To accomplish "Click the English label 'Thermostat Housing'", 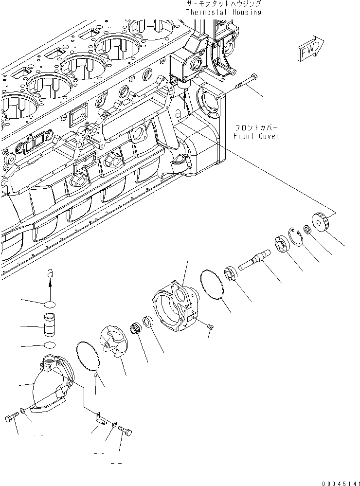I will [223, 12].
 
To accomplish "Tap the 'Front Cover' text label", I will [256, 136].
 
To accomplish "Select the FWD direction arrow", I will [307, 49].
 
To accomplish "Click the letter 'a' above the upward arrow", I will [49, 274].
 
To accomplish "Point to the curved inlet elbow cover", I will [51, 384].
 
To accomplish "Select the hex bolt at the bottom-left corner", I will [12, 418].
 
